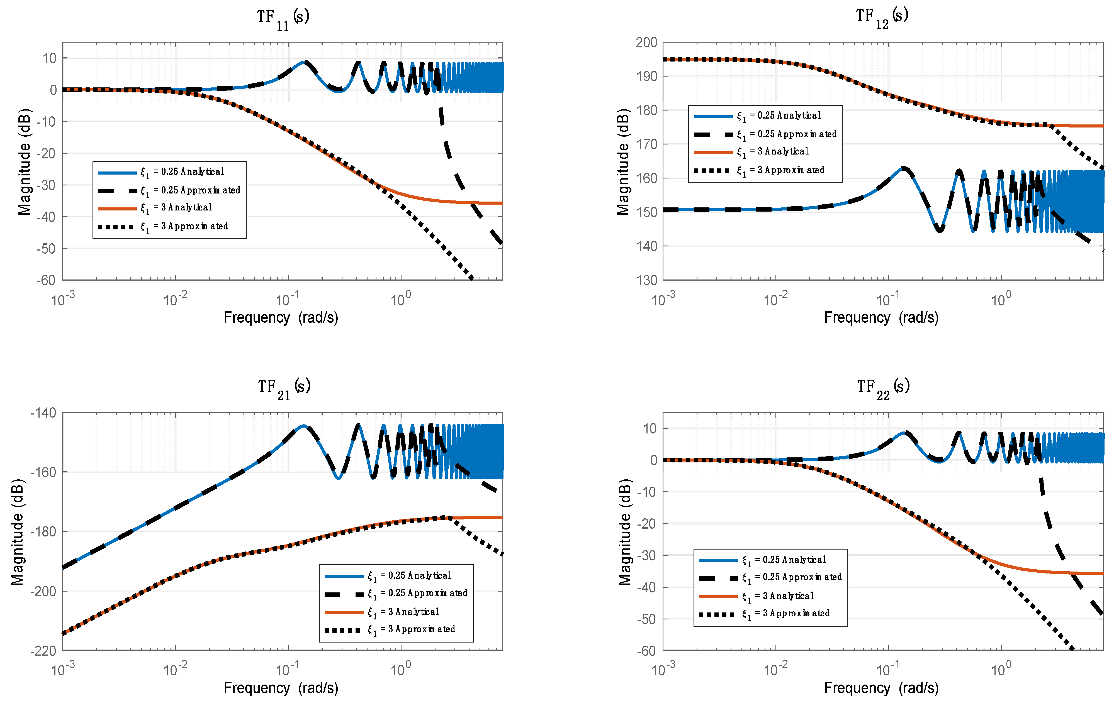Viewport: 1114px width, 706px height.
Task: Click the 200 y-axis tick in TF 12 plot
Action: pyautogui.click(x=646, y=43)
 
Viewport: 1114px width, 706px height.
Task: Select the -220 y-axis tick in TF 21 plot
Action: pyautogui.click(x=43, y=651)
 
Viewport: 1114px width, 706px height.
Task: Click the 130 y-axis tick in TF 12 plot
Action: pyautogui.click(x=646, y=280)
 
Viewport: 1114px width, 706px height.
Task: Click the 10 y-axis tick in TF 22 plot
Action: pyautogui.click(x=650, y=429)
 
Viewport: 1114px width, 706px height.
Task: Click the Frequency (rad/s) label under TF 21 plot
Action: pyautogui.click(x=281, y=688)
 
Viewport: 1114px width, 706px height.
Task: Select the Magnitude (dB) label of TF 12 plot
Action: pyautogui.click(x=623, y=162)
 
